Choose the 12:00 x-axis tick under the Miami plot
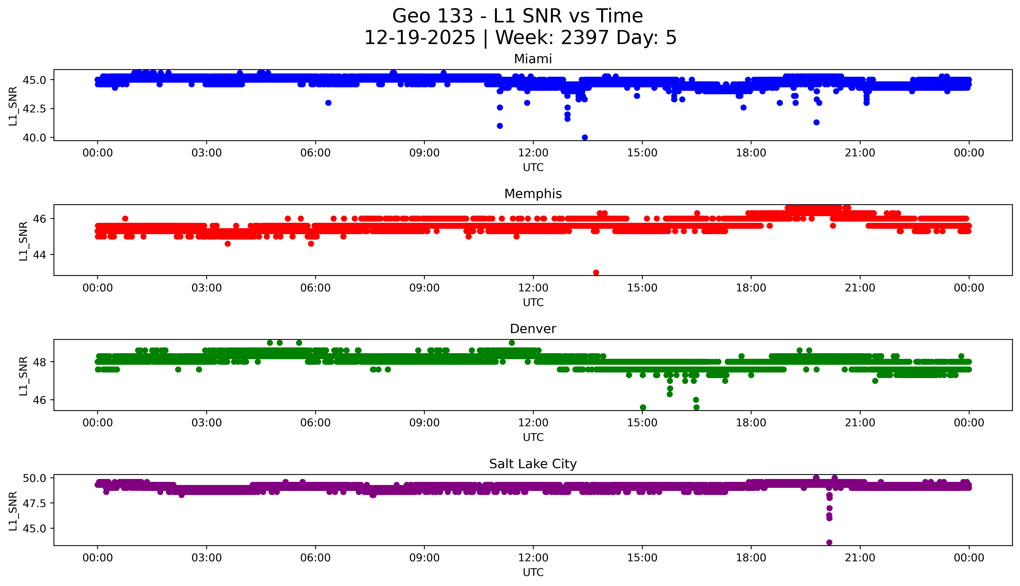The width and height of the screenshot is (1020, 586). pyautogui.click(x=533, y=153)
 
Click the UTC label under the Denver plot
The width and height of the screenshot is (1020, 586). pyautogui.click(x=533, y=437)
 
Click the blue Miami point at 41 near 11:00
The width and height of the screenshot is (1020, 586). pyautogui.click(x=500, y=126)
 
